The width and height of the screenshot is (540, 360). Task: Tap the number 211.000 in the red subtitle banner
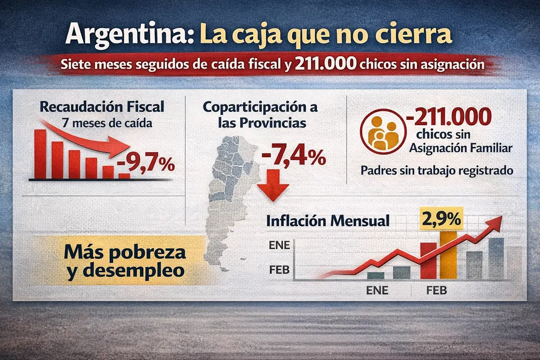tap(326, 65)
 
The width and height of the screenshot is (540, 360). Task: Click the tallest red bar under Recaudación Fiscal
tap(40, 153)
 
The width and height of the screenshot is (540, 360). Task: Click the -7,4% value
tap(294, 157)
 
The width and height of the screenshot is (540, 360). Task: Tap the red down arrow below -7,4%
tap(273, 186)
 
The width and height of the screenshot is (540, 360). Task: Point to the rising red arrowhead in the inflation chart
tap(495, 222)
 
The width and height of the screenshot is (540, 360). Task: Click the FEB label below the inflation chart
tap(436, 291)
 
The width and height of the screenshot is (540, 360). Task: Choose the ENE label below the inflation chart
tap(377, 291)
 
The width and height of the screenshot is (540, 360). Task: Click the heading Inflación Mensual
tap(328, 221)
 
